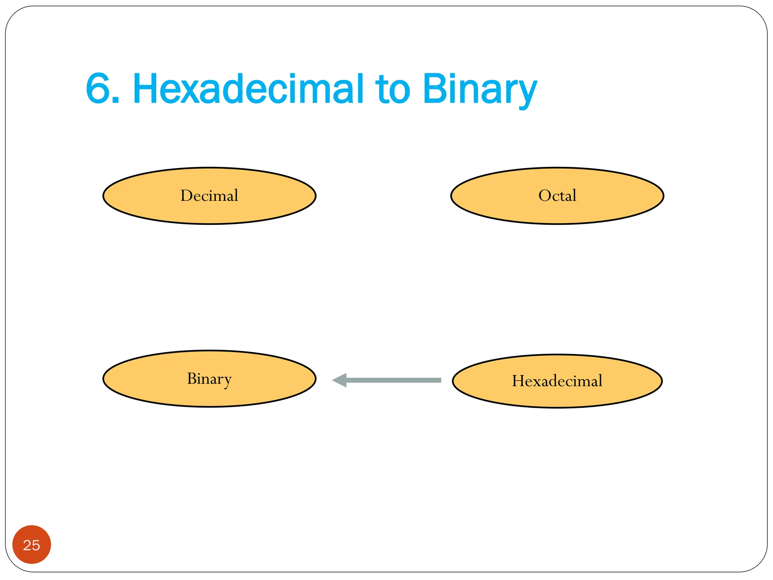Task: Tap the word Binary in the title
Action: pyautogui.click(x=479, y=89)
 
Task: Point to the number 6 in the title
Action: pyautogui.click(x=97, y=89)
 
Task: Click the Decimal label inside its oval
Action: pyautogui.click(x=209, y=196)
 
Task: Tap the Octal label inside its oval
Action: pyautogui.click(x=557, y=196)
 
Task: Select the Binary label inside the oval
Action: pyautogui.click(x=209, y=379)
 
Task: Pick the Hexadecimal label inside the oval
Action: pyautogui.click(x=557, y=381)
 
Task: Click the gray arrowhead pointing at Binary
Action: pyautogui.click(x=340, y=380)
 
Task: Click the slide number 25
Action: pyautogui.click(x=31, y=545)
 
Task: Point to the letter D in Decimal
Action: pyautogui.click(x=186, y=196)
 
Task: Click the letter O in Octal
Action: pyautogui.click(x=545, y=196)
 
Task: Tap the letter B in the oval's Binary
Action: pyautogui.click(x=192, y=378)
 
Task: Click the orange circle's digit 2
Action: pyautogui.click(x=27, y=545)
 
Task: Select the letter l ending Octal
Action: pyautogui.click(x=574, y=195)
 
